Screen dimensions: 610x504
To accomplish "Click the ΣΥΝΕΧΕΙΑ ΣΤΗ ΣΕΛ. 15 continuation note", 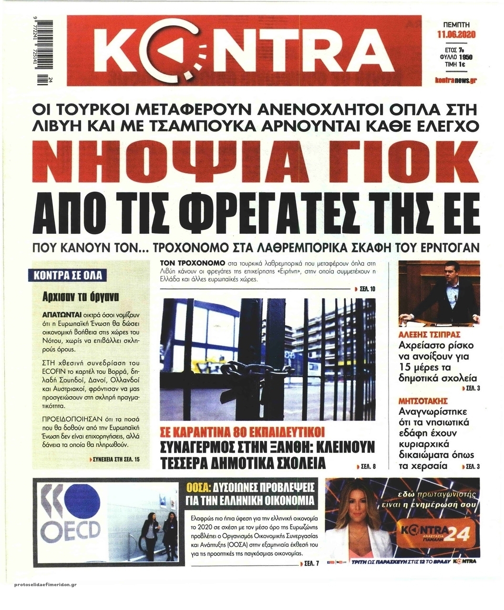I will pyautogui.click(x=116, y=460).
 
